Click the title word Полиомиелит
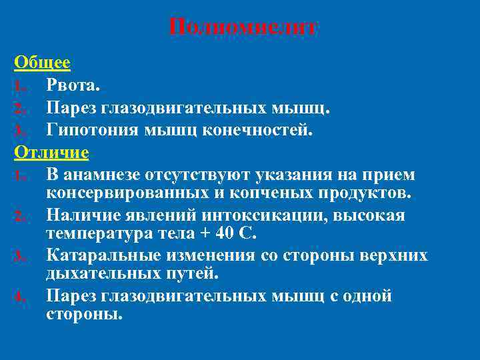click(x=243, y=28)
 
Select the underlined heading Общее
click(x=42, y=63)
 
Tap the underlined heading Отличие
click(x=51, y=152)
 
